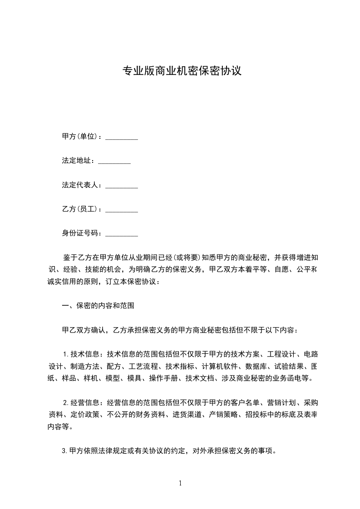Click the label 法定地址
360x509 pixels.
pyautogui.click(x=78, y=161)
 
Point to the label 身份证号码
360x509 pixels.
pyautogui.click(x=81, y=234)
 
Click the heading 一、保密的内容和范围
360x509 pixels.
pyautogui.click(x=98, y=306)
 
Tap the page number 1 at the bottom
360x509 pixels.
pyautogui.click(x=180, y=483)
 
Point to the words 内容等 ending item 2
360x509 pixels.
pyautogui.click(x=62, y=427)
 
